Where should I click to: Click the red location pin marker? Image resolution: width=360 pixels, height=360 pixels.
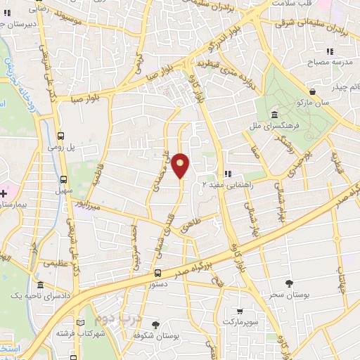click(x=181, y=165)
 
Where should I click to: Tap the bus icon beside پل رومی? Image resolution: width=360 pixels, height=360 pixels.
click(x=61, y=136)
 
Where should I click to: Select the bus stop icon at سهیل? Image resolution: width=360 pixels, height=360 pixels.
click(x=64, y=179)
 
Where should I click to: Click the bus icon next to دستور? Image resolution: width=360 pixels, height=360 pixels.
click(x=157, y=273)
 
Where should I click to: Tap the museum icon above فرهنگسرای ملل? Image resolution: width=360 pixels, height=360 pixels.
click(x=273, y=115)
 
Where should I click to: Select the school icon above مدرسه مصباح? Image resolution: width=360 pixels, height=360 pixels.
click(x=330, y=51)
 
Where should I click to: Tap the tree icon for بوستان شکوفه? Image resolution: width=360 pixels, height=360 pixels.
click(x=155, y=325)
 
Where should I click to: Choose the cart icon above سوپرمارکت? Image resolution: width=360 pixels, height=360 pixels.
click(x=240, y=311)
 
